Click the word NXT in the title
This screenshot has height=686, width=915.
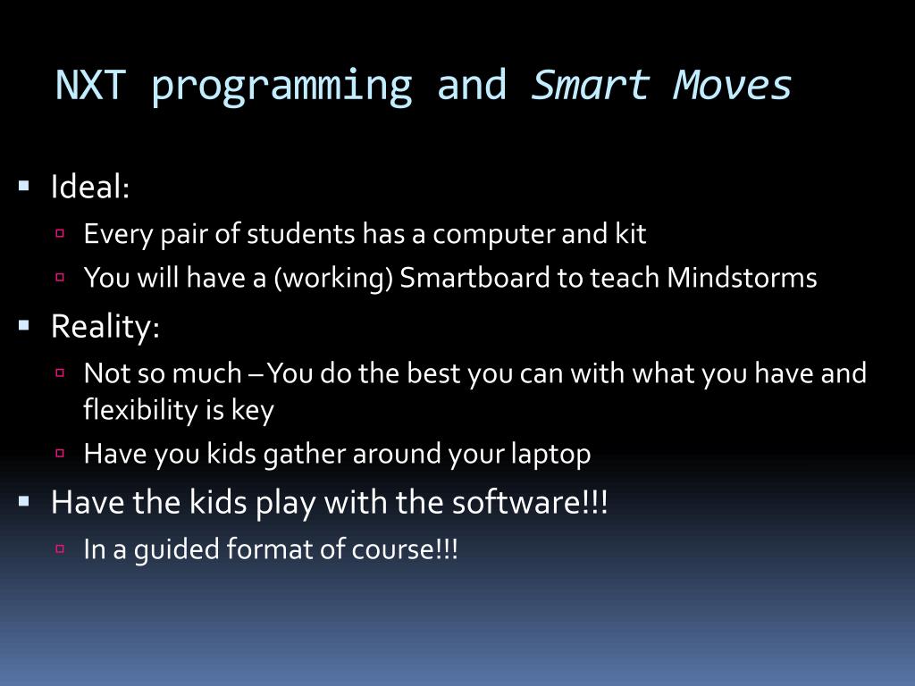click(x=90, y=85)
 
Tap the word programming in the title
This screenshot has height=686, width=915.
click(x=281, y=88)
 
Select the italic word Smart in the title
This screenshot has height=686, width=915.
click(x=591, y=85)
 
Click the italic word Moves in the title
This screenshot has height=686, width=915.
click(x=733, y=85)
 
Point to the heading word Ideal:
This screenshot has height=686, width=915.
click(x=90, y=187)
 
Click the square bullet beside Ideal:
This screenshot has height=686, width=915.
click(x=24, y=186)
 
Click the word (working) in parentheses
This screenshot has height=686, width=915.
click(x=333, y=279)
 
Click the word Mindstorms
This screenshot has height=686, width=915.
click(x=742, y=277)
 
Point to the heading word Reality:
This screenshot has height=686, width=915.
click(x=105, y=327)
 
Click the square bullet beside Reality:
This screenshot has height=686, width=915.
click(x=24, y=325)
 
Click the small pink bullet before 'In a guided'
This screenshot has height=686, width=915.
click(x=60, y=548)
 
